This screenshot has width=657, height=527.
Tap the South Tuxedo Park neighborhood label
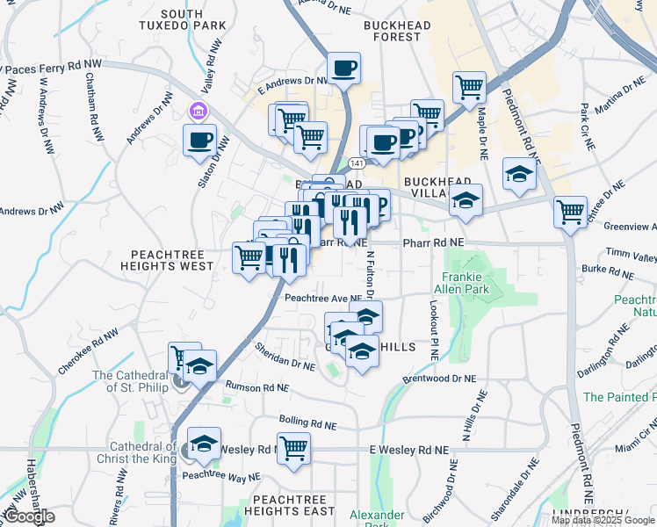click(182, 20)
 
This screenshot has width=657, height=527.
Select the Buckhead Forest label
click(397, 32)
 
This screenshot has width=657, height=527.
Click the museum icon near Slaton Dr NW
click(198, 112)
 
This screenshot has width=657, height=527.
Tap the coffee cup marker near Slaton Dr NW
click(200, 139)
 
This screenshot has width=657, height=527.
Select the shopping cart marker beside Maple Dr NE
click(470, 87)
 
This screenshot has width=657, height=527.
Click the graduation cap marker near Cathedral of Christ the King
click(204, 444)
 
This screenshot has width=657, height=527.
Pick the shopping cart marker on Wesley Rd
click(294, 448)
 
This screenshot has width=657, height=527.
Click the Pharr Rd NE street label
click(432, 242)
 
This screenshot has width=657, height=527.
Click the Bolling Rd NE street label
click(308, 422)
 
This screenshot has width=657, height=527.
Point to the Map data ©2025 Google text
click(603, 520)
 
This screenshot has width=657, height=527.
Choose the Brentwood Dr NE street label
click(439, 378)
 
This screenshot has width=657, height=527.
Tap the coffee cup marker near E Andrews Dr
click(344, 68)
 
